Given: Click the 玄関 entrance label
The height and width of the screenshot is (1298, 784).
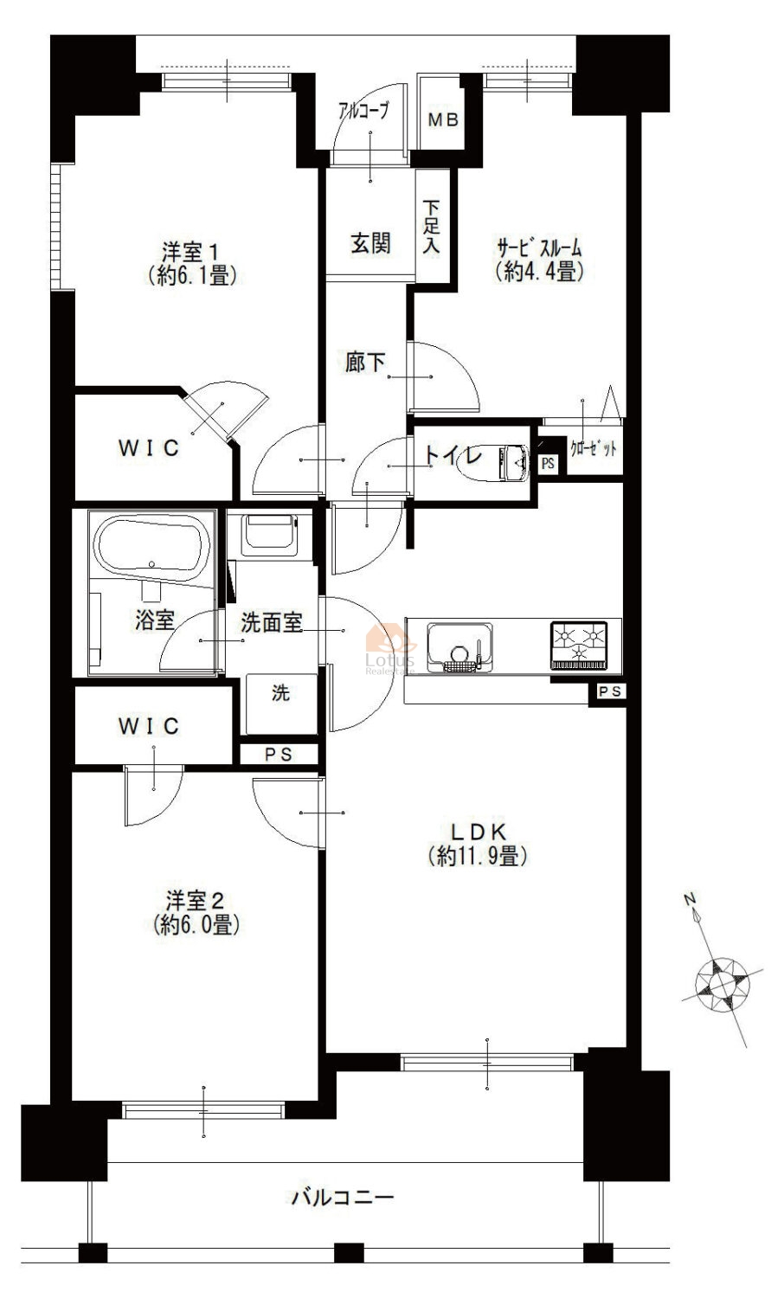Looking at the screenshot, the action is (370, 243).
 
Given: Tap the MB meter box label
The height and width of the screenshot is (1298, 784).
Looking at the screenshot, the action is (443, 120).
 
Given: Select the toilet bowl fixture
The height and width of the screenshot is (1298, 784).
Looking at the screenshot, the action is (492, 462).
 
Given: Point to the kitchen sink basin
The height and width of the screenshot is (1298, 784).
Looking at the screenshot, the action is (460, 647).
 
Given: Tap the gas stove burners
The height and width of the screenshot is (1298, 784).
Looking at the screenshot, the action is (579, 646).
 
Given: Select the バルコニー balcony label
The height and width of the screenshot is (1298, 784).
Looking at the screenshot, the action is (343, 1197).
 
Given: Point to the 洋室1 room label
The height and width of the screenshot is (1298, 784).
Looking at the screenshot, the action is (192, 264).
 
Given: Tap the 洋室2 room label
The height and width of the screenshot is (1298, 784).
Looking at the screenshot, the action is (196, 913).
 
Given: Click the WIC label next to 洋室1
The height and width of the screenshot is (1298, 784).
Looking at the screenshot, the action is (148, 448).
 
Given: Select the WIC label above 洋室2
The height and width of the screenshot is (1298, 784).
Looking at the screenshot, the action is (148, 726).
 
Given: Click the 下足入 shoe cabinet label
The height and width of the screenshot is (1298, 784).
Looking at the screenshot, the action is (431, 227).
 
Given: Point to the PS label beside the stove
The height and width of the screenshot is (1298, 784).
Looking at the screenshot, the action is (609, 691).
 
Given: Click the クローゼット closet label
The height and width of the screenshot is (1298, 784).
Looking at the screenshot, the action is (594, 448).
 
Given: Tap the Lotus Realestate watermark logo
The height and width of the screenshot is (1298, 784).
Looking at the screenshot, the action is (390, 648).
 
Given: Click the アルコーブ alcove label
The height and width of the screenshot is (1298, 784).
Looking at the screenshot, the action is (364, 110).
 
